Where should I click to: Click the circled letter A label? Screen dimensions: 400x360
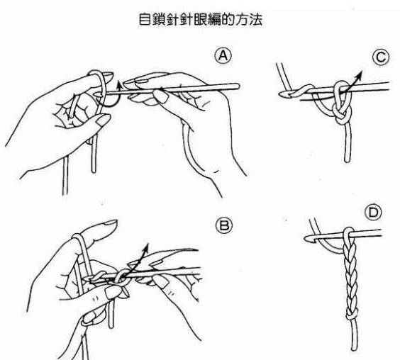coord(223,55)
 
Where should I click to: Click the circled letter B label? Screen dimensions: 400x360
coord(224,225)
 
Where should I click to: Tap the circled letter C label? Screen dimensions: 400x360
coord(381,57)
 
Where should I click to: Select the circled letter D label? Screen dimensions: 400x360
coord(373,213)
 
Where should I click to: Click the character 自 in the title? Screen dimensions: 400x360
coord(145,19)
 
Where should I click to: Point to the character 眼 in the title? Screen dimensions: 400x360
coord(200,19)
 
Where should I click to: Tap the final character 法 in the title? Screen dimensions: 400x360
coord(255,19)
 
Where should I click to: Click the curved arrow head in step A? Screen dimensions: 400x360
coord(119,85)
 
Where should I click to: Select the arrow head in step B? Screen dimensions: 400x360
coord(146,247)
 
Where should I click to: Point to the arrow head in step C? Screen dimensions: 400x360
coord(359,74)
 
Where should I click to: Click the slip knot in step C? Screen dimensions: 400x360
coord(342,115)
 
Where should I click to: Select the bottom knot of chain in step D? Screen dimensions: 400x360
coord(352,315)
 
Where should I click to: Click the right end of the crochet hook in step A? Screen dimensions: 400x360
coord(238,86)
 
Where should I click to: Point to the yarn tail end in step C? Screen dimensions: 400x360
coord(347,160)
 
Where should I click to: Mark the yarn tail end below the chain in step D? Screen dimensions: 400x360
coord(355,348)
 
